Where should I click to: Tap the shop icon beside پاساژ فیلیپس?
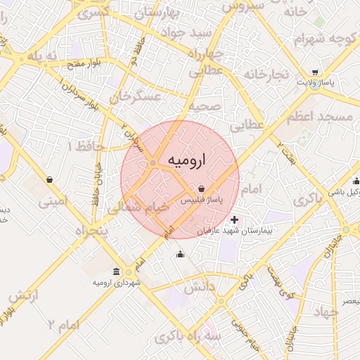[202, 189]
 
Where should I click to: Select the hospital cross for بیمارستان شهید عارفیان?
[234, 220]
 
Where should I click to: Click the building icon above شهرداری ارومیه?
[117, 271]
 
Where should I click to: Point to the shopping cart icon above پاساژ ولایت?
[314, 72]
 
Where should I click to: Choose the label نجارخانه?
[266, 75]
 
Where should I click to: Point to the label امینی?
[55, 202]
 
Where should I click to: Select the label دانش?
[199, 288]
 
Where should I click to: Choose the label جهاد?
[326, 311]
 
